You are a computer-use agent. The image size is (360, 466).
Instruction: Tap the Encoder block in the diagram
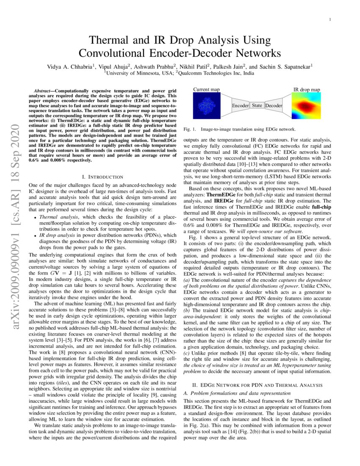240,105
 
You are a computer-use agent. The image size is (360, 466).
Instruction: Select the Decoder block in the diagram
273,105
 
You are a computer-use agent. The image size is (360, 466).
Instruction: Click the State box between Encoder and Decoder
257,105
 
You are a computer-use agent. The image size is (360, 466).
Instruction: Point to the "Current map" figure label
206,89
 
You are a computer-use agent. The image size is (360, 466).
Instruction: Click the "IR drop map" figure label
307,89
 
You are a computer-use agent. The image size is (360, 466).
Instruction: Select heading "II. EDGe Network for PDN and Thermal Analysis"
257,385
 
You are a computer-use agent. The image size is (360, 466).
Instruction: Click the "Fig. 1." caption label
190,129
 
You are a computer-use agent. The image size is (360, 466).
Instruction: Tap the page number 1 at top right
330,20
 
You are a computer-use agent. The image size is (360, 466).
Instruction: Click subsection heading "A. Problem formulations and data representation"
231,393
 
